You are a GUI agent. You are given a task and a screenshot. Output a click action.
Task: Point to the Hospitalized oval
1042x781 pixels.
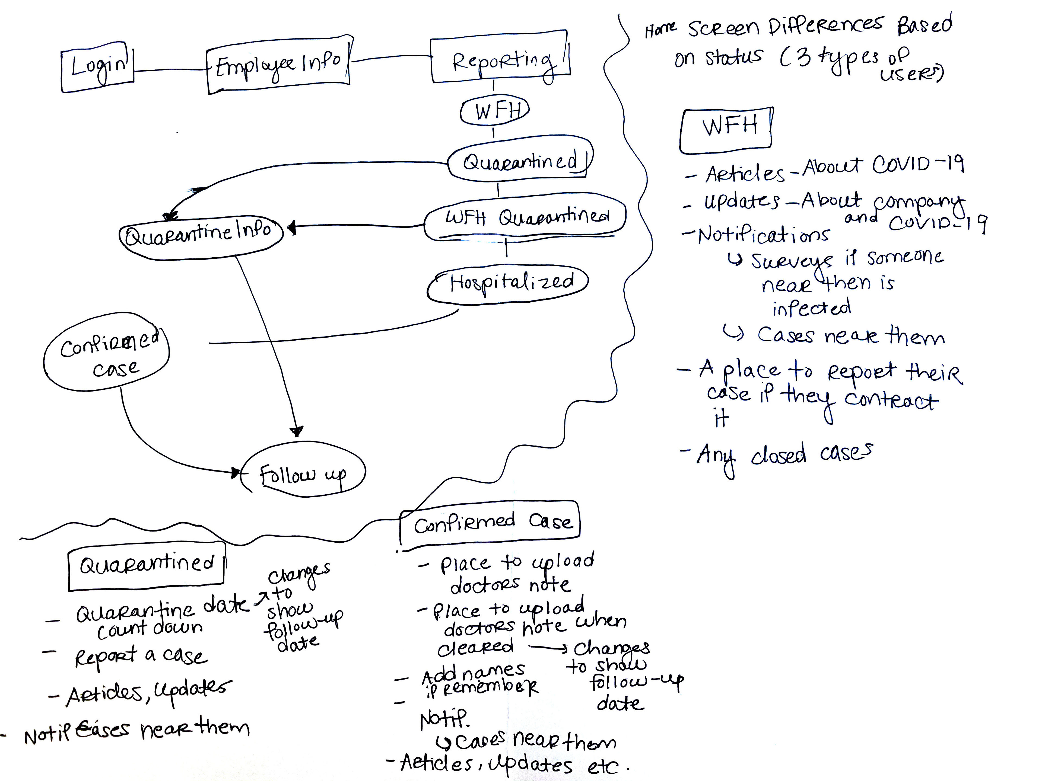(x=508, y=283)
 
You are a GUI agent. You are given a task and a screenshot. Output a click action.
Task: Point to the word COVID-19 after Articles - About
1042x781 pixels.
(x=918, y=165)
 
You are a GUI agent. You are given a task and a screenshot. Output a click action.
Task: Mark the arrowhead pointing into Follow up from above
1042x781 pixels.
(x=297, y=431)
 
